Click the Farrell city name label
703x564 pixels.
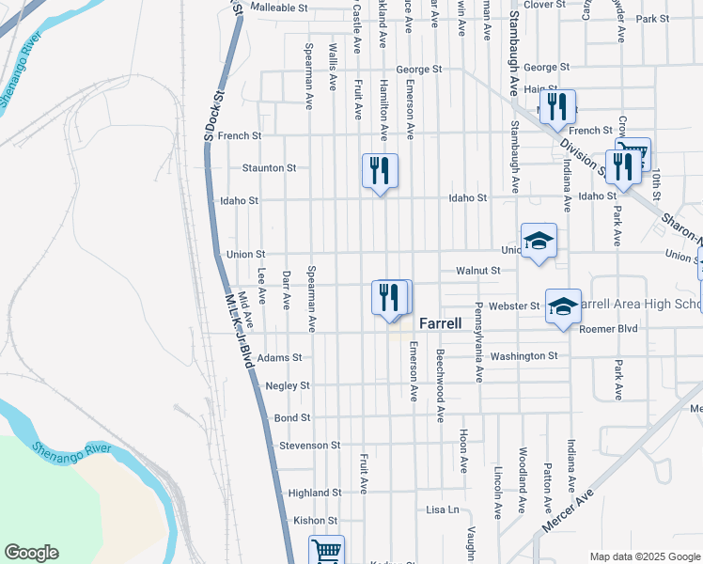pos(440,322)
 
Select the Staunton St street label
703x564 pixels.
pos(269,167)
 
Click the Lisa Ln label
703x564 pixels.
pos(442,509)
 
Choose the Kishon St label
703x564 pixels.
pos(315,520)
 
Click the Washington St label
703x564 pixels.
pos(523,356)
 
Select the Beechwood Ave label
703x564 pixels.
pos(439,386)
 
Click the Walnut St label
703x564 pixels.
pos(477,271)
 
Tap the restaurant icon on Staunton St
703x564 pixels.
pos(380,171)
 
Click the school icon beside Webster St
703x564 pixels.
pos(563,307)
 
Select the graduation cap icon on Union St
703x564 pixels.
pos(539,242)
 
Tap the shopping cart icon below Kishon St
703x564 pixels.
pos(326,551)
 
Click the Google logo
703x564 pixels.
pos(31,553)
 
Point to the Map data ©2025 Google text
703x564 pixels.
pos(644,556)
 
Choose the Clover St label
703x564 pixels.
pos(543,5)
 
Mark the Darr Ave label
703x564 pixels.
pos(287,290)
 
